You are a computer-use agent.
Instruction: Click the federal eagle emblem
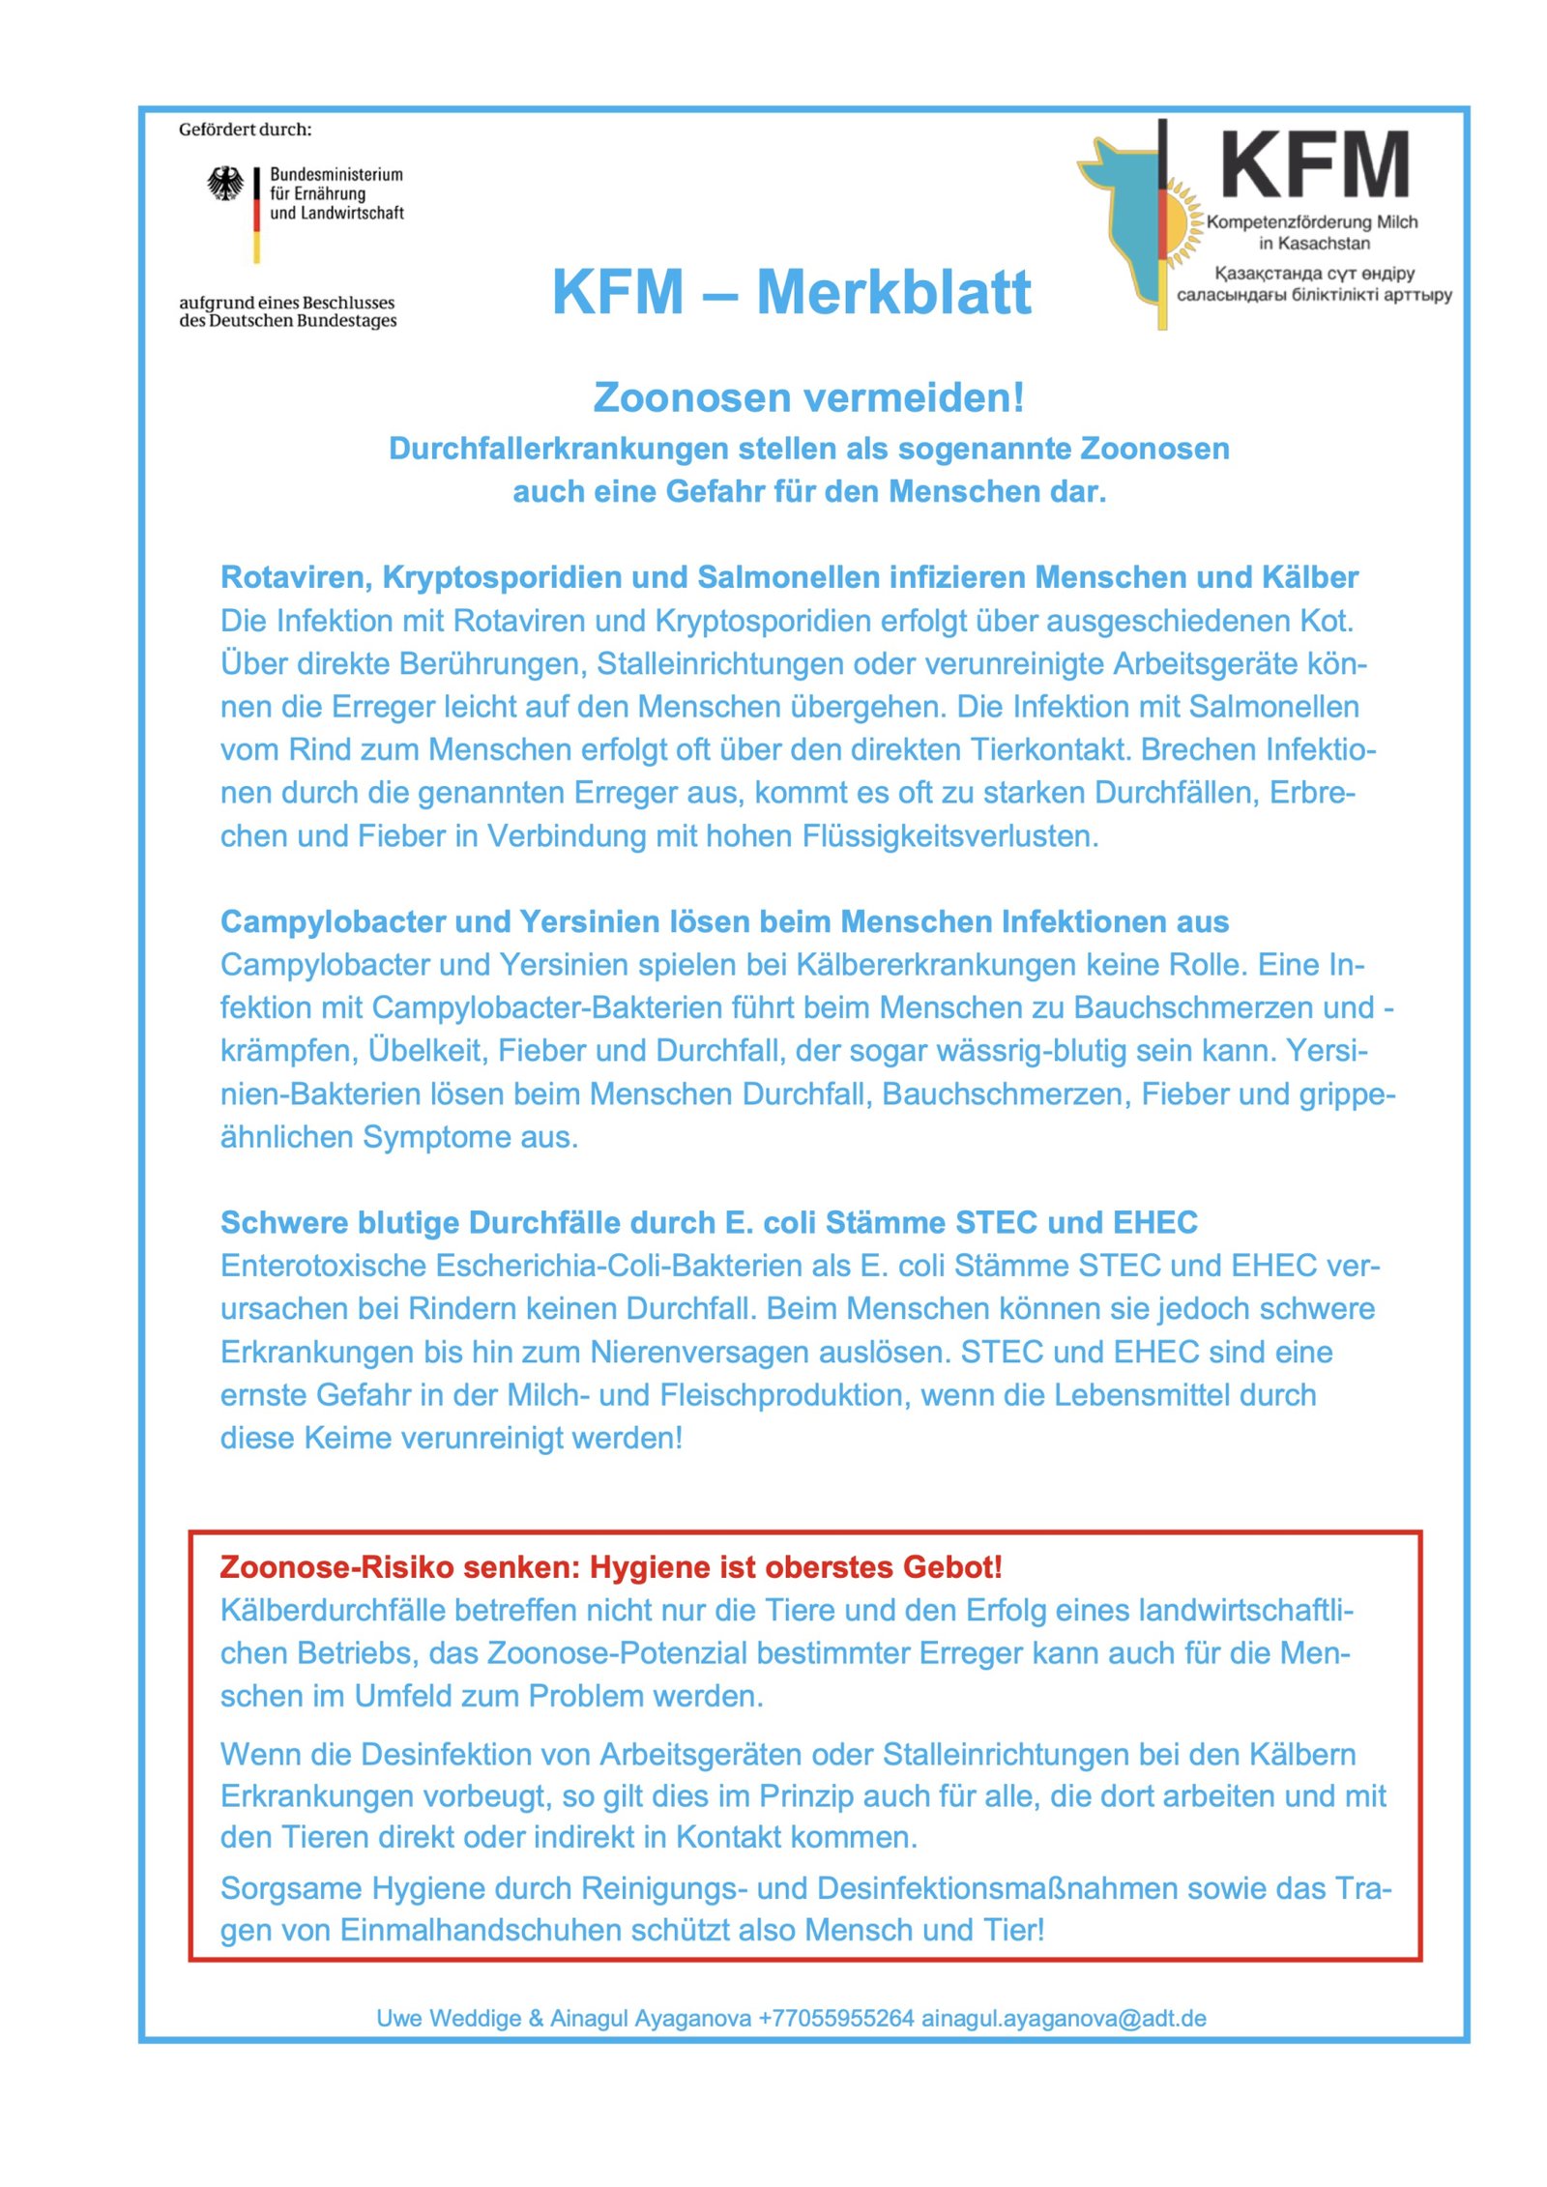pos(225,184)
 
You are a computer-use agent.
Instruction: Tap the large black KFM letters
pos(1314,165)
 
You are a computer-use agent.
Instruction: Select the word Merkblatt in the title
pos(893,292)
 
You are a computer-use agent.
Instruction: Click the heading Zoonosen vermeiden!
pos(808,397)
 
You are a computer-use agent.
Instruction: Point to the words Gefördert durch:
pos(245,130)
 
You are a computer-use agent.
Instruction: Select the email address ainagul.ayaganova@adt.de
pos(1064,2018)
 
